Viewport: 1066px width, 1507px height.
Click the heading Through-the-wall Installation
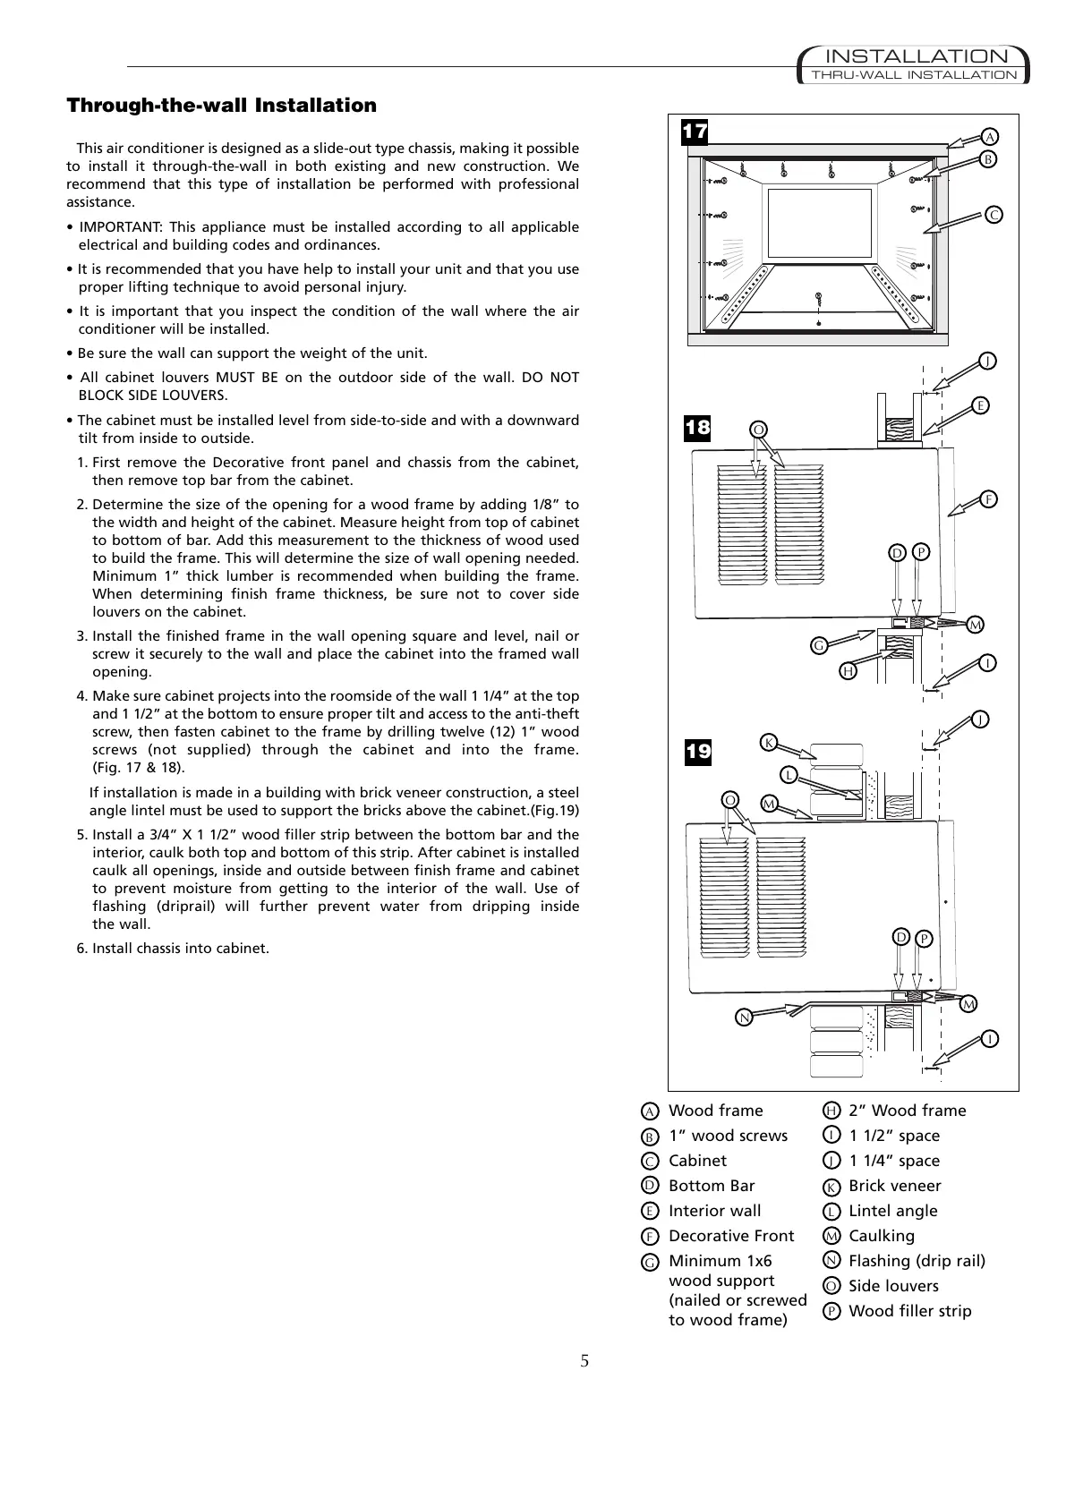click(x=222, y=106)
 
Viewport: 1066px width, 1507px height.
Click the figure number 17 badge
click(x=695, y=132)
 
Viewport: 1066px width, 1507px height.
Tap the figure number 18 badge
click(x=697, y=428)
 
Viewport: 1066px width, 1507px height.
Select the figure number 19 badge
click(x=697, y=751)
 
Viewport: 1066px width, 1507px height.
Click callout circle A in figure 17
click(x=990, y=137)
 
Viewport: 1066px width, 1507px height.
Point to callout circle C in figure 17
click(x=994, y=215)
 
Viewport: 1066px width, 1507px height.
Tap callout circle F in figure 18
click(x=989, y=499)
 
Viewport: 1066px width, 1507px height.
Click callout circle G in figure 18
click(x=818, y=645)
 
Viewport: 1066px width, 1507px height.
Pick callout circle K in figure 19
click(x=768, y=742)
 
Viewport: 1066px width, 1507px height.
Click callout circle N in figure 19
click(x=743, y=1017)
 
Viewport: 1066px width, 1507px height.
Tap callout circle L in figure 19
click(x=789, y=773)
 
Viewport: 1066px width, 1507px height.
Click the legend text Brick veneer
click(x=894, y=1186)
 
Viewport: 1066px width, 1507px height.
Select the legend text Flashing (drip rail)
click(x=917, y=1261)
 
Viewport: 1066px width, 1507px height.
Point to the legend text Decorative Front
click(x=731, y=1236)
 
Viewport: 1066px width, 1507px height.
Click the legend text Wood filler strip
click(x=909, y=1311)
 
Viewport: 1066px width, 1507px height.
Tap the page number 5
click(x=584, y=1362)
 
